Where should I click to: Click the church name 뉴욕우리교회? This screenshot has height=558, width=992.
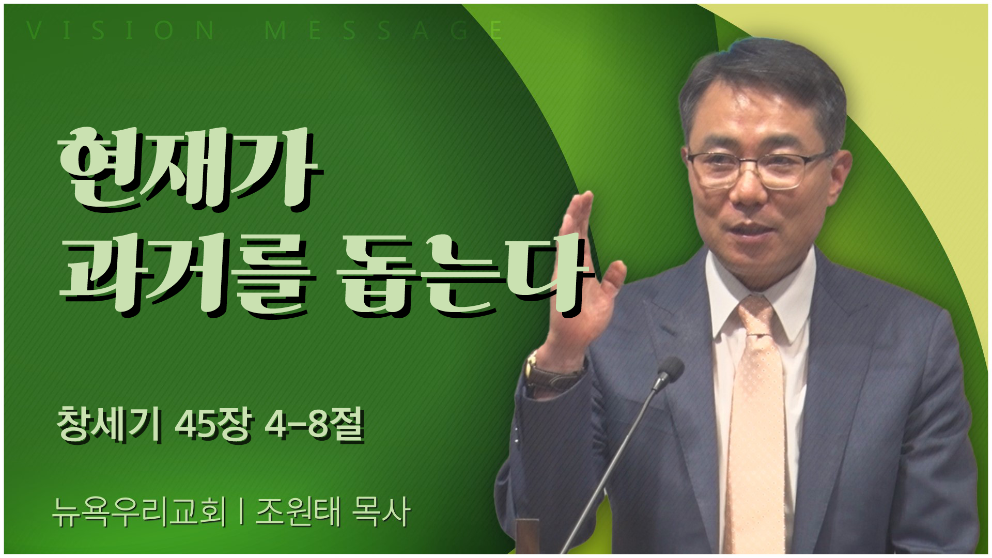coord(139,512)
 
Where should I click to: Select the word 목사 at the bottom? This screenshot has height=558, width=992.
coord(380,512)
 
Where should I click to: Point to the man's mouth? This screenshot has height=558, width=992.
coord(752,227)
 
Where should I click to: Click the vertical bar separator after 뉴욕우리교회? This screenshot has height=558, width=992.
coord(242,512)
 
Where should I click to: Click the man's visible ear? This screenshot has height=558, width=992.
coord(840,176)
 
